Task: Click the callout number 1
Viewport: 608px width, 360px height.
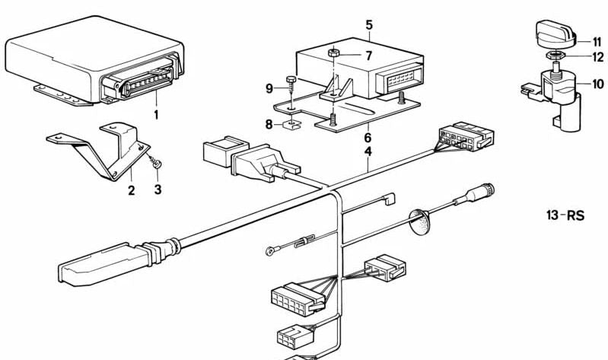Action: [157, 115]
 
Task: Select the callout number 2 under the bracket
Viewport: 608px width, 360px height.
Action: [131, 190]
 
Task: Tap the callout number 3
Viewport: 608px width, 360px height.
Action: [158, 190]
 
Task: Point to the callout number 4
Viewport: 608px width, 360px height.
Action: [368, 152]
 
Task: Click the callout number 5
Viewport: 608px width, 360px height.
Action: [369, 25]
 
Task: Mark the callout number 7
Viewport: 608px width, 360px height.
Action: [368, 56]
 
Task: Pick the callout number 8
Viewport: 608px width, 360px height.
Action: [269, 123]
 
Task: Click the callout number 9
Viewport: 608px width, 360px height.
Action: [269, 88]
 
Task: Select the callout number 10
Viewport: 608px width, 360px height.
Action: [597, 84]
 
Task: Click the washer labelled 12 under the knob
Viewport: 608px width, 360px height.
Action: [554, 56]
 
